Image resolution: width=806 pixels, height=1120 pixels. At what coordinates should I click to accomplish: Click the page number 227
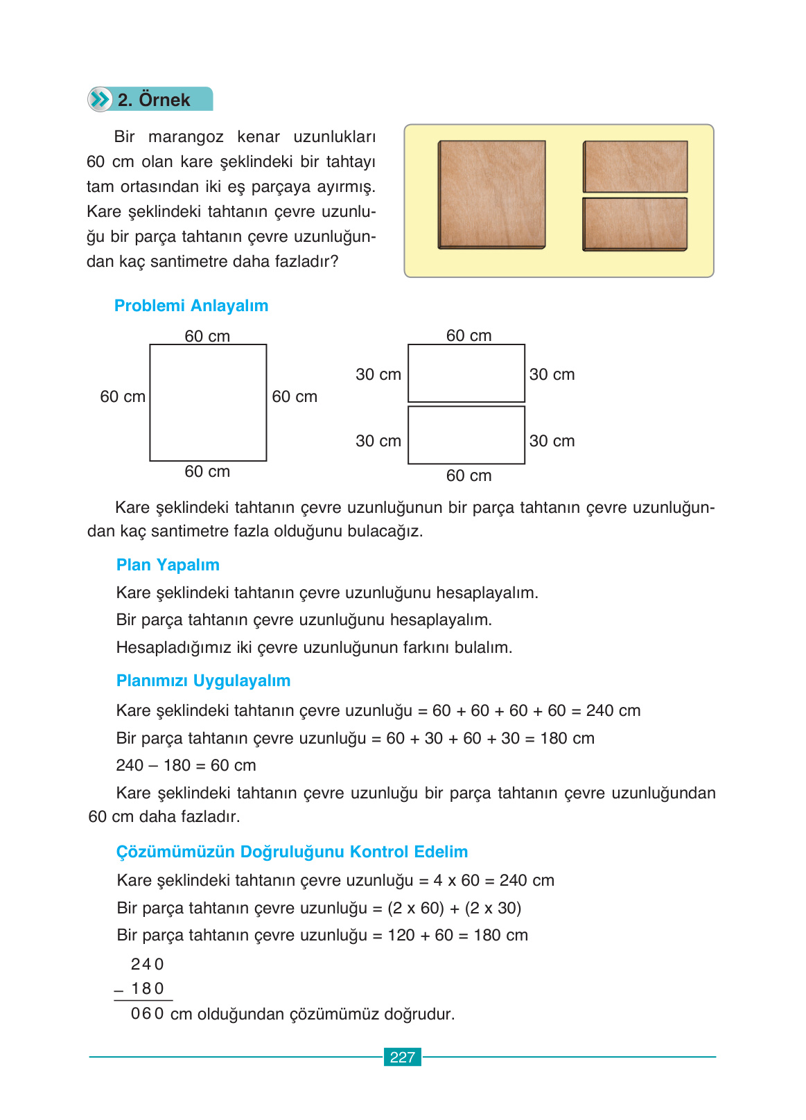(402, 1057)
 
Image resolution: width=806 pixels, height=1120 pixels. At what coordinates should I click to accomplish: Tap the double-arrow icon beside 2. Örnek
(100, 99)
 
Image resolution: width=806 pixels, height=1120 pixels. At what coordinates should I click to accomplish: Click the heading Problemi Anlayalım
(191, 306)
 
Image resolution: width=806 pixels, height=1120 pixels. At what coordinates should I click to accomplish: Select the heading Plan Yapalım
(168, 565)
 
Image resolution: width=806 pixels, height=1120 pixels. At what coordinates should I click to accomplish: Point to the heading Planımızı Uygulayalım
(203, 681)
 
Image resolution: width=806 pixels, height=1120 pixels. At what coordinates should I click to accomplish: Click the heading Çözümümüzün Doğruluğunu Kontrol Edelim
(292, 852)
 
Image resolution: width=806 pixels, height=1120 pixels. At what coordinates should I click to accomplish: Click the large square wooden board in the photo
(491, 194)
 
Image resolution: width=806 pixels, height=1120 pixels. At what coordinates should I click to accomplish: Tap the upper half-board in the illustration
(635, 166)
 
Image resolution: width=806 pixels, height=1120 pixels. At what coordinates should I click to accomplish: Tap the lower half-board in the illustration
(635, 224)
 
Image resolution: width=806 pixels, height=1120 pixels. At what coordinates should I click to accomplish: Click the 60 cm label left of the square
(123, 396)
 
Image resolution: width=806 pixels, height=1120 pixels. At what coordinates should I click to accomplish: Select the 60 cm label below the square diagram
(207, 471)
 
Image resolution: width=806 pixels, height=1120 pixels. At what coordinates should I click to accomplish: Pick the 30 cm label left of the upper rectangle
(378, 374)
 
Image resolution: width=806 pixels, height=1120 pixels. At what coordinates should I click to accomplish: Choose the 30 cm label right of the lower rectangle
(552, 441)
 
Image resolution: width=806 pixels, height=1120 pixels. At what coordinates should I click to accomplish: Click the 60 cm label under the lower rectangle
(468, 475)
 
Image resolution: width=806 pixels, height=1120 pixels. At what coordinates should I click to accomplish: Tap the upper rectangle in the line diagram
(466, 373)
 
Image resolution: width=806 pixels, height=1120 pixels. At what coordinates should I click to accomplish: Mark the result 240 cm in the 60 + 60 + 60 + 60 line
(613, 710)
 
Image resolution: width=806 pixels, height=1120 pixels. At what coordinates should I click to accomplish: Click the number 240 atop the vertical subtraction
(147, 964)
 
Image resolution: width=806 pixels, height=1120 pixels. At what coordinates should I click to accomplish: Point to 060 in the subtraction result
(147, 1014)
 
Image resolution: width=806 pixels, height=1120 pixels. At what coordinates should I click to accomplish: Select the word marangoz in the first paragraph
(186, 137)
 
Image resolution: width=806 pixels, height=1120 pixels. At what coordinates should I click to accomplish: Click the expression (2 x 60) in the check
(415, 908)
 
